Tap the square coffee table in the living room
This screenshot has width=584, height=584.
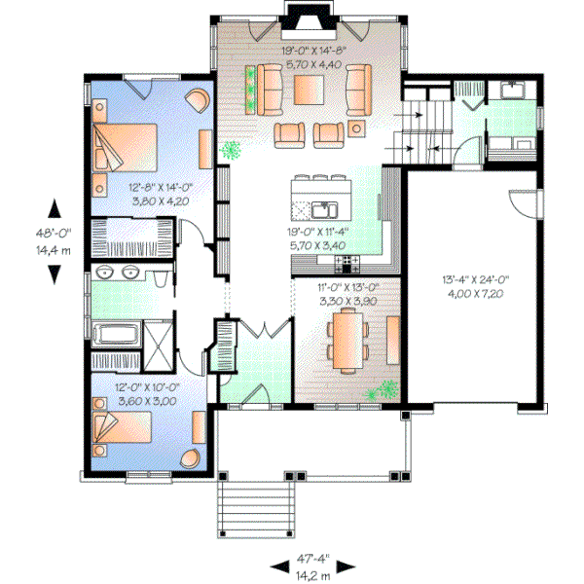tap(309, 88)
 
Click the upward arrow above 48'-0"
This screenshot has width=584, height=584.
tap(54, 207)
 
